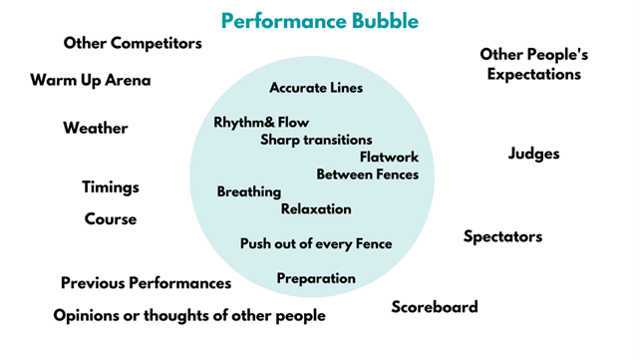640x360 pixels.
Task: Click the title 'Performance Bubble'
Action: (320, 21)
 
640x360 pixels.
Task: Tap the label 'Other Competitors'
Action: (133, 43)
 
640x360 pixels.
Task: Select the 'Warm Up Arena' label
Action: (91, 80)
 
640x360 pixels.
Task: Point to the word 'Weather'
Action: (96, 128)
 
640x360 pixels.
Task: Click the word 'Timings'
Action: (111, 187)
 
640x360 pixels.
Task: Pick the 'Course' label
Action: (111, 219)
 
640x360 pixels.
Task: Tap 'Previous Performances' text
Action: (147, 283)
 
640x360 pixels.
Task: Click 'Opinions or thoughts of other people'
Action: (189, 315)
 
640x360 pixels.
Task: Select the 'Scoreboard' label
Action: (435, 307)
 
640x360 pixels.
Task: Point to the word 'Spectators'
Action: (502, 236)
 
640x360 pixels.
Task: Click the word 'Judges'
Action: (534, 154)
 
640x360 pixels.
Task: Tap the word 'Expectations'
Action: (534, 74)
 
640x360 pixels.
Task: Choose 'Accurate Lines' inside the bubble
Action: (316, 88)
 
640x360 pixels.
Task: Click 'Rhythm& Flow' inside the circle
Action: (261, 122)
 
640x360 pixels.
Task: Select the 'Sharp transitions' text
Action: (316, 140)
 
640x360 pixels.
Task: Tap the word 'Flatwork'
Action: (389, 157)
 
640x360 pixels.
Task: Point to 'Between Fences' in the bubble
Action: (368, 175)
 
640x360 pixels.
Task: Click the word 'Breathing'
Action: (249, 191)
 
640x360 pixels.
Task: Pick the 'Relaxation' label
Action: (316, 209)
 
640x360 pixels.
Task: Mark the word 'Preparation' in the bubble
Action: (316, 278)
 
